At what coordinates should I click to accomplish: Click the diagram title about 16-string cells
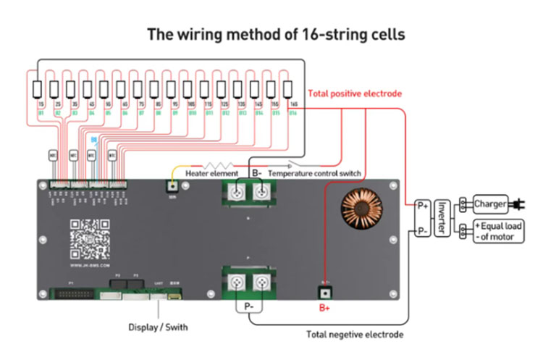[276, 34]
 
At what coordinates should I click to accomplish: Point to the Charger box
[491, 203]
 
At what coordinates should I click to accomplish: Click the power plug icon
[518, 203]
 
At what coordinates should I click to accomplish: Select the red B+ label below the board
[325, 307]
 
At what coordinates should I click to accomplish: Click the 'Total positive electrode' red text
[355, 93]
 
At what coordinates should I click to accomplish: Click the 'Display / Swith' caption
[158, 327]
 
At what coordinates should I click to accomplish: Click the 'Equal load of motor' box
[498, 232]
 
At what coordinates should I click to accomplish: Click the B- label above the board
[256, 174]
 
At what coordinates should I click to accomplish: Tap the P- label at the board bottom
[248, 306]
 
